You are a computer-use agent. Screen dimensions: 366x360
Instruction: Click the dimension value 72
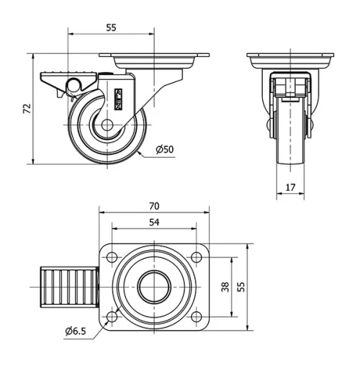[27, 109]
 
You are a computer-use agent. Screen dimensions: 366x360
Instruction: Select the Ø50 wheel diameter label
[164, 149]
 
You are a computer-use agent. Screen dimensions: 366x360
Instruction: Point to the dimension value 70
[155, 205]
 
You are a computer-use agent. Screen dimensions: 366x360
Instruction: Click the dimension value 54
[155, 223]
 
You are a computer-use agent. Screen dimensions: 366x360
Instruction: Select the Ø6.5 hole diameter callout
[75, 331]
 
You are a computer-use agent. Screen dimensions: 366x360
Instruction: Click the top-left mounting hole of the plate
[113, 256]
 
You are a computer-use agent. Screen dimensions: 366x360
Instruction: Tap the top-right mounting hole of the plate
[197, 256]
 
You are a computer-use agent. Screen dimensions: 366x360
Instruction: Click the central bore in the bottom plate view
[155, 286]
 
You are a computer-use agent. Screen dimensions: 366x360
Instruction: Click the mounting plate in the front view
[291, 58]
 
